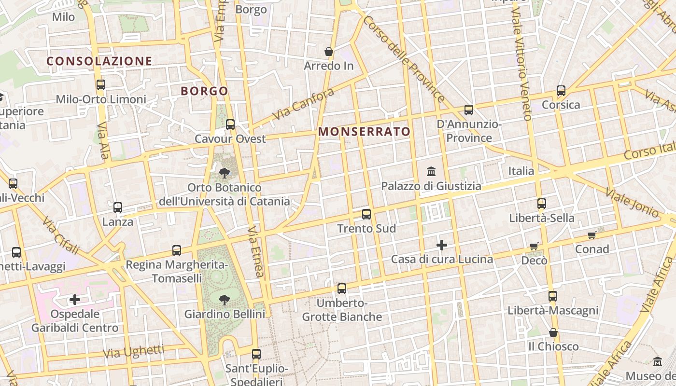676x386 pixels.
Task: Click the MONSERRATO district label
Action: (364, 131)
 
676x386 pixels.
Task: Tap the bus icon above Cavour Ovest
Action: (230, 124)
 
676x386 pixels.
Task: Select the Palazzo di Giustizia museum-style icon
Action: (431, 171)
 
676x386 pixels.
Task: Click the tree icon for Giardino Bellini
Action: (225, 300)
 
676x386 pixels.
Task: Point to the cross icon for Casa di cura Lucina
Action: (442, 245)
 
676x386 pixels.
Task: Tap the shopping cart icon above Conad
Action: (592, 235)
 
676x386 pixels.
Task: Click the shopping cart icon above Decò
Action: (534, 246)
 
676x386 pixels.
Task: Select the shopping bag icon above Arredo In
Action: (329, 52)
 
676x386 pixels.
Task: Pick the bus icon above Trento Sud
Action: (366, 214)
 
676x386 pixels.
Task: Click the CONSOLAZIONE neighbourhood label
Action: (99, 61)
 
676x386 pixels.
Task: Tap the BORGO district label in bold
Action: (204, 91)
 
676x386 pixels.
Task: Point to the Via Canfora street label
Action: (303, 104)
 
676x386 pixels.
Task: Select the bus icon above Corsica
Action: (561, 90)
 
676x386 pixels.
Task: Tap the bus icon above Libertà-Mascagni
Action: (553, 296)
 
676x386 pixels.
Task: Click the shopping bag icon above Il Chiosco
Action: (553, 332)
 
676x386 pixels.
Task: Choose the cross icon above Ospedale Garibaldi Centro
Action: (75, 300)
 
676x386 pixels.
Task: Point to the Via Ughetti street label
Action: (134, 352)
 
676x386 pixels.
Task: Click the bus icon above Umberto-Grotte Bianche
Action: (342, 289)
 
